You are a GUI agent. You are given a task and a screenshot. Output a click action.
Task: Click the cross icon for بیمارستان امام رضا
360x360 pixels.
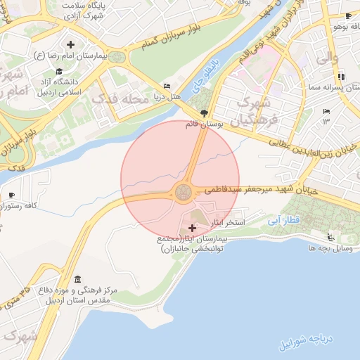70,45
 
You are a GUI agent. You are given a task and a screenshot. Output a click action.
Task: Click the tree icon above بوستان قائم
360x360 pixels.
204,112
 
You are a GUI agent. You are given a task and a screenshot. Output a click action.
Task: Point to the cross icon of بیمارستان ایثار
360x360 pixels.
193,229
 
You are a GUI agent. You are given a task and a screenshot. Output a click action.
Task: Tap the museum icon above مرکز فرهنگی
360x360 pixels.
77,279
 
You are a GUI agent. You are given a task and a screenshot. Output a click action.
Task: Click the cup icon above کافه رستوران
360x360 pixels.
11,195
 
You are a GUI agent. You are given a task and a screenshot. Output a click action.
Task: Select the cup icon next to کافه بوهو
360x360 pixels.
348,15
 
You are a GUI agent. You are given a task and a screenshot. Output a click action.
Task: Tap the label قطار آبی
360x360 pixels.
283,220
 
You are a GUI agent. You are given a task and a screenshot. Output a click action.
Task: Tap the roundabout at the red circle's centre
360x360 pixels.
184,191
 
